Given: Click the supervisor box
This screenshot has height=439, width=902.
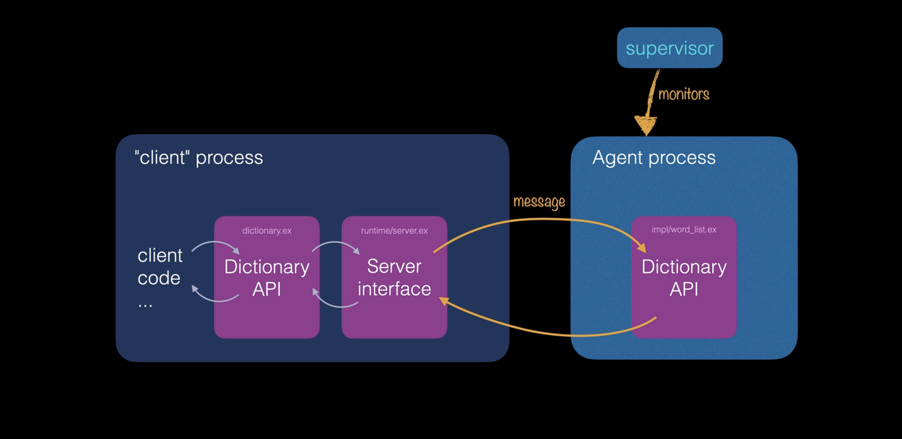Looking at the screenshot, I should click(x=669, y=48).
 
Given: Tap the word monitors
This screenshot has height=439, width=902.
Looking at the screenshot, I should click(x=684, y=94).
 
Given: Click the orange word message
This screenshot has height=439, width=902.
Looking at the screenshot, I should click(x=539, y=202).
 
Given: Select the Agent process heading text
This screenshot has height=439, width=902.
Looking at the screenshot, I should click(x=654, y=157).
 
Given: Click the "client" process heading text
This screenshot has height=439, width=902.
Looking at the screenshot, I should click(x=199, y=158).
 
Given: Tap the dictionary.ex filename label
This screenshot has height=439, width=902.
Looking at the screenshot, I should click(x=267, y=230).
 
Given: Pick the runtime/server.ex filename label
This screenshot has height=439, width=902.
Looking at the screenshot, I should click(x=394, y=230).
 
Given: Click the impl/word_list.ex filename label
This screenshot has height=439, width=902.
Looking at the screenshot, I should click(x=684, y=230).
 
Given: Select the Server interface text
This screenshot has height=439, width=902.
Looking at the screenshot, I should click(x=394, y=277).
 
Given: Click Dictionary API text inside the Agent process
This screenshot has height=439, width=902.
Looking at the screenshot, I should click(x=684, y=278).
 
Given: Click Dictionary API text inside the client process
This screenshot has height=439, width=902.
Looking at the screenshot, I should click(x=267, y=278).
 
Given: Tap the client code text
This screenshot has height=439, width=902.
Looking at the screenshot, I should click(x=160, y=267).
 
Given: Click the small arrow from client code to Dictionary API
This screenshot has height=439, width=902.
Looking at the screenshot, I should click(x=215, y=244).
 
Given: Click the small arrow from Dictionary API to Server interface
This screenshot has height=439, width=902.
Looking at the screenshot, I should click(x=335, y=244).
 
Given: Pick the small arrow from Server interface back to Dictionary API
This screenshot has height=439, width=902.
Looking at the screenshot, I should click(x=335, y=304).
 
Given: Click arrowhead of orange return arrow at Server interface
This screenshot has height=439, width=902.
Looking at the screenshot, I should click(x=444, y=301).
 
